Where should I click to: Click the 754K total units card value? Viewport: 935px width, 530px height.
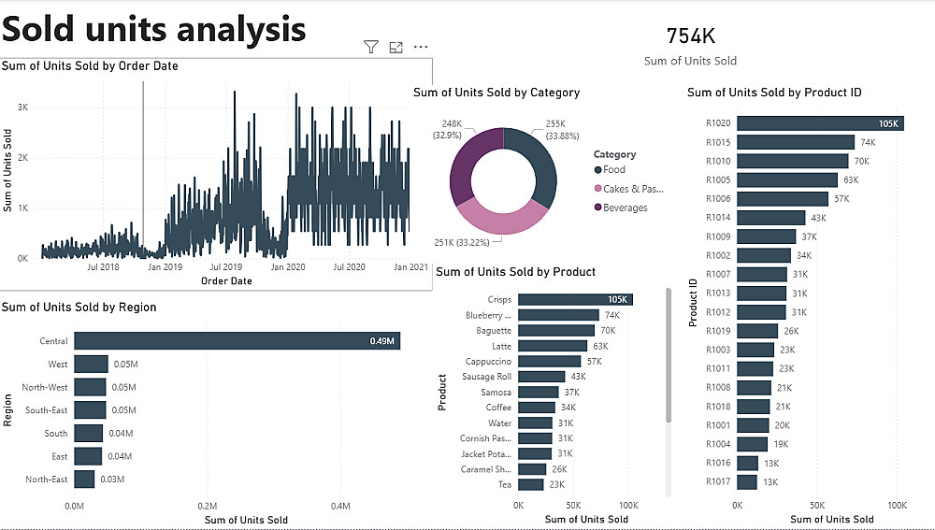coord(691,36)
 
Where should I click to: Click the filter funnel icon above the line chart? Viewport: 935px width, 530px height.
coord(371,47)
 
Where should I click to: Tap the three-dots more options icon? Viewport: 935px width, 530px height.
coord(421,47)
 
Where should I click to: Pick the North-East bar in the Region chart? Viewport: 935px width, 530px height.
coord(84,480)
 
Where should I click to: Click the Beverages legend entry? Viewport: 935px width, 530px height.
coord(625,208)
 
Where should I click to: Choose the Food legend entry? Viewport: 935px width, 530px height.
coord(613,170)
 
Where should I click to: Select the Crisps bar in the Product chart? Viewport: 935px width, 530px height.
coord(575,299)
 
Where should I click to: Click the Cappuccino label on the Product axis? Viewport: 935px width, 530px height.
coord(488,361)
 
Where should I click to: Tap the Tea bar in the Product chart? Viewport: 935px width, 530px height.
coord(530,484)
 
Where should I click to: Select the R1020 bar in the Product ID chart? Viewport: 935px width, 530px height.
coord(820,123)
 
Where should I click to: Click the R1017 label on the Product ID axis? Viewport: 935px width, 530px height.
coord(718,482)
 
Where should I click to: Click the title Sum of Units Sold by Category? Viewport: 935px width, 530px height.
coord(496,93)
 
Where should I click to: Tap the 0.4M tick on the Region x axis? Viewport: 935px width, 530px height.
coord(340,506)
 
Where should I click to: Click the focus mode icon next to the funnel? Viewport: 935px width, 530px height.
coord(396,47)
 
